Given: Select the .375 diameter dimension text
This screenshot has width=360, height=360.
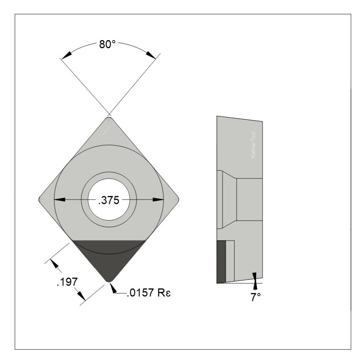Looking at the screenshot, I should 108,200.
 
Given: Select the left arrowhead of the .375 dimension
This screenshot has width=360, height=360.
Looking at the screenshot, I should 59,199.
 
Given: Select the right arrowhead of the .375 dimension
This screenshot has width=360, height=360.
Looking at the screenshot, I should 158,199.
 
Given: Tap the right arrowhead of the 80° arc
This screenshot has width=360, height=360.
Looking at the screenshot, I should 151,55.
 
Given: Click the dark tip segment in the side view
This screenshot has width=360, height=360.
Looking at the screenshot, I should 221,261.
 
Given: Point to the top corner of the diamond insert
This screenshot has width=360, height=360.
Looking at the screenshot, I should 109,118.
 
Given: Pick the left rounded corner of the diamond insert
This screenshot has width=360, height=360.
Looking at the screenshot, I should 40,199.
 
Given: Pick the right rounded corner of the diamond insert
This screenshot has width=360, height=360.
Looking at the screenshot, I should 177,199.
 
